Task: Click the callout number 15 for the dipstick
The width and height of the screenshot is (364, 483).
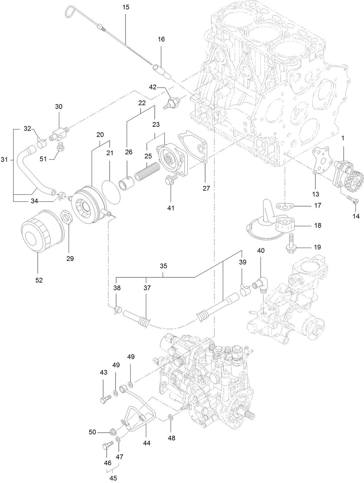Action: [x=126, y=7]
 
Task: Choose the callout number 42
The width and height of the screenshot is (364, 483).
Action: [x=152, y=87]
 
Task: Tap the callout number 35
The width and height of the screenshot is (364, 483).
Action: [x=163, y=266]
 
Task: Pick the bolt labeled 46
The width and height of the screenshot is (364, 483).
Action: [x=108, y=446]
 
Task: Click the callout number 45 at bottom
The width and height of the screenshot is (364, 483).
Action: [x=113, y=478]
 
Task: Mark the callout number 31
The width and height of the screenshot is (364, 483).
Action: [x=4, y=160]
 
